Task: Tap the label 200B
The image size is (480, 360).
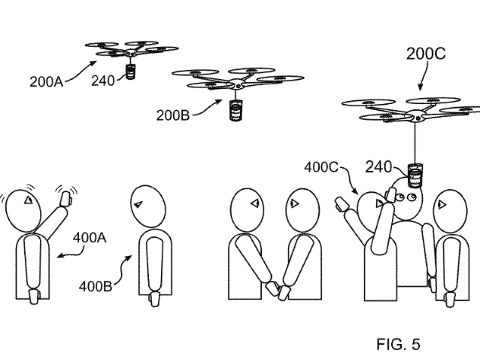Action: click(174, 115)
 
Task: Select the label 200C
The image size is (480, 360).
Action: click(425, 54)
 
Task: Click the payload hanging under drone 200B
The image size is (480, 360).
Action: click(236, 111)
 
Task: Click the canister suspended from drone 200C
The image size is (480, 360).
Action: click(415, 176)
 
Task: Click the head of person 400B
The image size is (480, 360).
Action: click(146, 207)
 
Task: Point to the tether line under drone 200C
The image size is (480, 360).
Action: click(415, 144)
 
